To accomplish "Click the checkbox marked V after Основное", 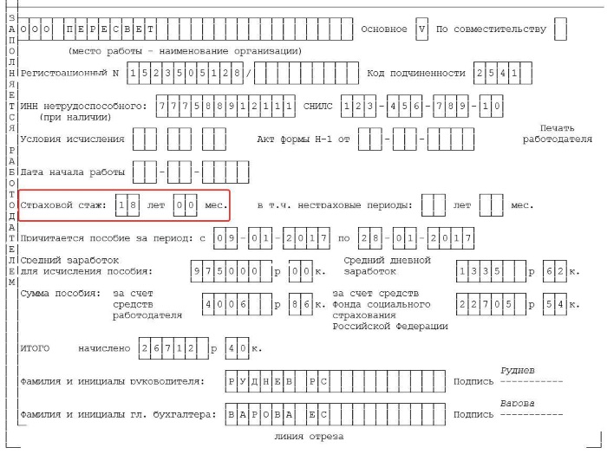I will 422,29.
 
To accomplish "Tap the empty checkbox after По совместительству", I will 559,29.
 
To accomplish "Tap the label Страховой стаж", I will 63,205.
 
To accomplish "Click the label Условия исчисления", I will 72,139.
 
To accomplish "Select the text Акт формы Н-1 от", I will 303,139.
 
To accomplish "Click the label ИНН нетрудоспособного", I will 83,106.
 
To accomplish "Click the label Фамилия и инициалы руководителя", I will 112,381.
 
